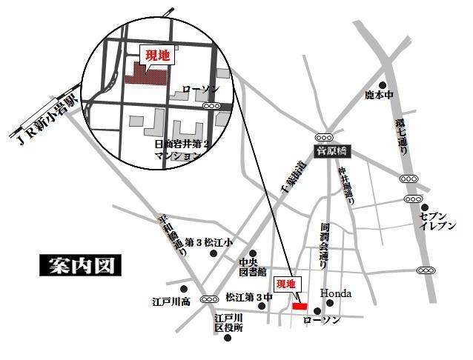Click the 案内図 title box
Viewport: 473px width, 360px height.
coord(79,265)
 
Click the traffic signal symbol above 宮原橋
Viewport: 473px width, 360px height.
coord(324,136)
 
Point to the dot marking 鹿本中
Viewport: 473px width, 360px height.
coord(383,85)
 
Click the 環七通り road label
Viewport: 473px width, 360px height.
coord(401,137)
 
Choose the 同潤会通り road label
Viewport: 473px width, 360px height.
coord(324,244)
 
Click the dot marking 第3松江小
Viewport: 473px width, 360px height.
coord(214,254)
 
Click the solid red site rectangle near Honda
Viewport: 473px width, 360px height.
coord(299,305)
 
